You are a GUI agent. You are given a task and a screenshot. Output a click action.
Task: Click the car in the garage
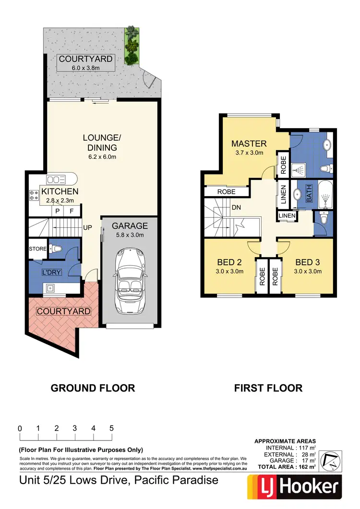pos(129,278)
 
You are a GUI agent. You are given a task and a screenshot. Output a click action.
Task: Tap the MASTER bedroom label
pos(249,143)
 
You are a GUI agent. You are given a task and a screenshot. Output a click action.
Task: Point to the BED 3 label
pos(307,262)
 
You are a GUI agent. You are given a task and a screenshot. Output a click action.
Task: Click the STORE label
pos(37,249)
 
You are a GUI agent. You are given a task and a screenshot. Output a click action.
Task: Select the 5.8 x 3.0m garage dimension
pos(130,235)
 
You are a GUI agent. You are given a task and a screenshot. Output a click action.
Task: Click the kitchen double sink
pos(56,180)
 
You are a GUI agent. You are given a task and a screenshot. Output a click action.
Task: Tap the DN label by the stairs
pos(236,209)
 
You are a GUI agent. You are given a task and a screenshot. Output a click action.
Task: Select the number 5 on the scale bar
pos(111,428)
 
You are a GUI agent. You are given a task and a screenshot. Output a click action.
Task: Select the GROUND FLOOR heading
pos(93,388)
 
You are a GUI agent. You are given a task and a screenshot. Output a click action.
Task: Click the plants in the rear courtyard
pos(131,46)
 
